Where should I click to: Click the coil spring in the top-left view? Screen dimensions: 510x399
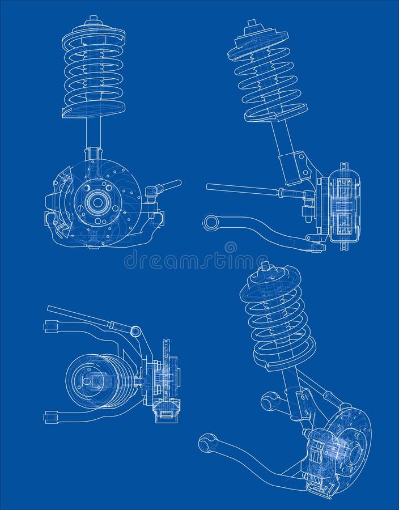coord(94,74)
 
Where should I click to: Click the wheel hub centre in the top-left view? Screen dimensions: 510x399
coord(97,201)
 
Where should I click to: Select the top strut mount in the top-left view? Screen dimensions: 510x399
coord(94,25)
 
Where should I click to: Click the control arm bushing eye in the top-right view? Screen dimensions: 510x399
coord(211,222)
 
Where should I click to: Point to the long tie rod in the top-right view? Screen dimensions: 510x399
coord(244,189)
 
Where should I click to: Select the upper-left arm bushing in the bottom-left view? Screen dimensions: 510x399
coord(50,326)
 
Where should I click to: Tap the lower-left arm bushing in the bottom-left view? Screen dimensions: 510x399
coord(50,418)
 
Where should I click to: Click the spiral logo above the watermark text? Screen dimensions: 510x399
coord(230,248)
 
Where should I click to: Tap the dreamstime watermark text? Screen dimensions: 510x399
coord(187,261)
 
